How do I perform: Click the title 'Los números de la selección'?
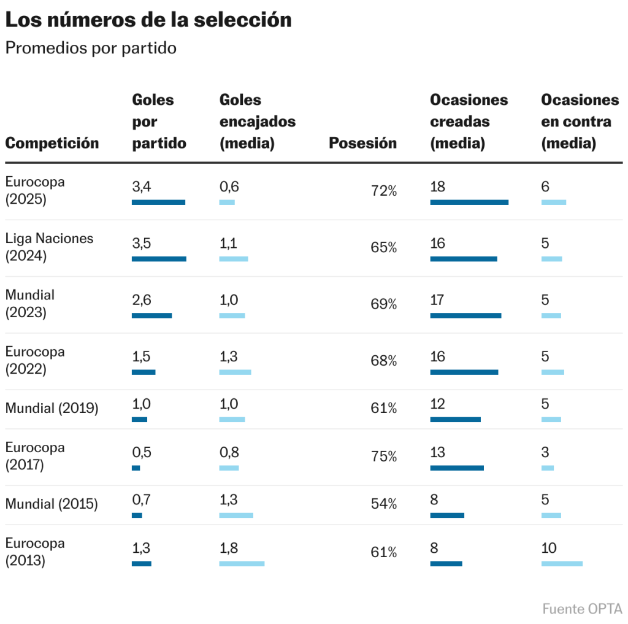148,20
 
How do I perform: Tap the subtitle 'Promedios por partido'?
91,48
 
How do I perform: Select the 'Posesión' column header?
362,143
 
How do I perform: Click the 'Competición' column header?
52,143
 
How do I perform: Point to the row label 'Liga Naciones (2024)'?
49,247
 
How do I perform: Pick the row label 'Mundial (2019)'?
52,407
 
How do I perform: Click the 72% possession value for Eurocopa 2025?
383,191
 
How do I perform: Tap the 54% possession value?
383,504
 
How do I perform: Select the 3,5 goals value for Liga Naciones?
141,243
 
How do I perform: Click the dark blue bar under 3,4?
158,202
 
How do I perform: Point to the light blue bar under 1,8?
242,563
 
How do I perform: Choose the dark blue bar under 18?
469,202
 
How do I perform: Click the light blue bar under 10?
562,563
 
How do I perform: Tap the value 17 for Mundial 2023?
437,300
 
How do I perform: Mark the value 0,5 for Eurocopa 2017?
141,452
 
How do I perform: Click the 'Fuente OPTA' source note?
582,609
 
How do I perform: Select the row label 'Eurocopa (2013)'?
35,552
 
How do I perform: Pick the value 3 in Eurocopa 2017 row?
545,452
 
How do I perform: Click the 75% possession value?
383,456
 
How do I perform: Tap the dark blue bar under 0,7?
137,515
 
